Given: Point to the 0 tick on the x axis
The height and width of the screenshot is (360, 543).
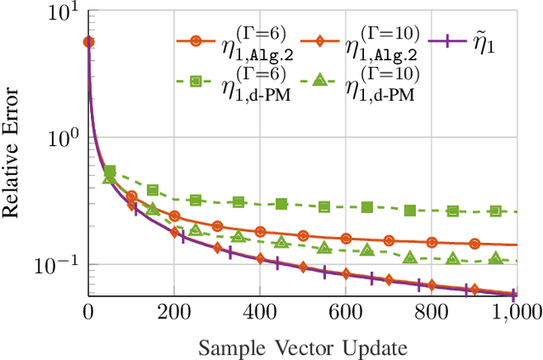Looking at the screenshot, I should click(x=88, y=312).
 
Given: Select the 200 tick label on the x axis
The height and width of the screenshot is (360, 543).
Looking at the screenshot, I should click(x=174, y=312).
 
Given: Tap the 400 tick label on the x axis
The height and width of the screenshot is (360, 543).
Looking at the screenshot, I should click(x=260, y=312).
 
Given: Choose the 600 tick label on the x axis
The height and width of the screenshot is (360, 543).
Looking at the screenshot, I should click(x=345, y=312).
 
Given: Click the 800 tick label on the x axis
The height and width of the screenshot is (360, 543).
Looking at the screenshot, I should click(x=431, y=312).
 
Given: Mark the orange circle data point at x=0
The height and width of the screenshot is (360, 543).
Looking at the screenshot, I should click(x=88, y=42).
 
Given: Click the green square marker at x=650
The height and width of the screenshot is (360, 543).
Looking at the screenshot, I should click(x=367, y=207).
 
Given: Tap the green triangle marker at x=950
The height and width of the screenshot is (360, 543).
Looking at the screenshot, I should click(x=495, y=257).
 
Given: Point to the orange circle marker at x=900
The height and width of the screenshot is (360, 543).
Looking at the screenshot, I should click(x=474, y=243).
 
